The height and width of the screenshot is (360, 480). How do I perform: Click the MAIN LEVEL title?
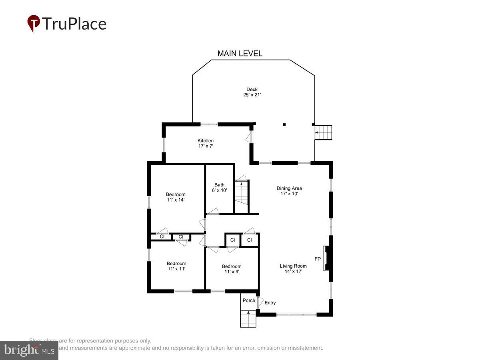[x=240, y=53]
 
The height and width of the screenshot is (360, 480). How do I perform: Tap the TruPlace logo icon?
[x=33, y=23]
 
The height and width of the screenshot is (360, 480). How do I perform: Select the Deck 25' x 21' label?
[x=252, y=92]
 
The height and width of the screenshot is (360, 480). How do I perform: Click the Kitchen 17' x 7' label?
[x=206, y=143]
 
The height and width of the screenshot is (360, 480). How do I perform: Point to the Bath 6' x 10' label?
[x=219, y=188]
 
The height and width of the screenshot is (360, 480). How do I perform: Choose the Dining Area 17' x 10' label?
[x=289, y=191]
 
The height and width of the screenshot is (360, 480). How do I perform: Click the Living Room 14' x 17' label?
[x=293, y=268]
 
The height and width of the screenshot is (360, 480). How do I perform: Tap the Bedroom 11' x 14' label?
[x=176, y=197]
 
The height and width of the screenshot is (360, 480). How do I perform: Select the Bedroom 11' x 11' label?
[x=176, y=266]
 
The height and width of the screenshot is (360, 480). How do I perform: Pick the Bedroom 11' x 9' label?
[x=232, y=269]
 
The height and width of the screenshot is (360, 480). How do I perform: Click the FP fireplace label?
[x=318, y=259]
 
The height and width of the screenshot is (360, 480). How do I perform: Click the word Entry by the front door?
[x=270, y=303]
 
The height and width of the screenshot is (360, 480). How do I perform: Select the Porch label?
[x=249, y=300]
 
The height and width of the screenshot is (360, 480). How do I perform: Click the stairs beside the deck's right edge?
[x=324, y=132]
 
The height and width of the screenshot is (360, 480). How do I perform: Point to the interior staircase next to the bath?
[x=241, y=196]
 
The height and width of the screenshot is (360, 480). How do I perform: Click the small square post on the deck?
[x=284, y=124]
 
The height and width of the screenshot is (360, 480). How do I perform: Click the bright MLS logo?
[x=29, y=350]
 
